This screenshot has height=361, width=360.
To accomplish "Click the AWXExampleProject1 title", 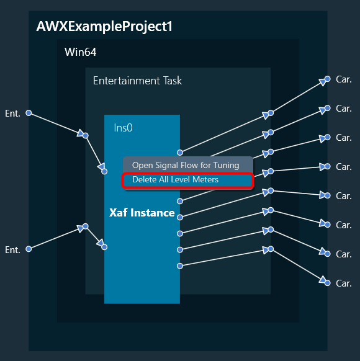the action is (x=104, y=27).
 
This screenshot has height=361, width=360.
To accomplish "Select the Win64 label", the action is (x=81, y=52).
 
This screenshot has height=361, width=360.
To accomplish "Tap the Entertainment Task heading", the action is (x=137, y=81).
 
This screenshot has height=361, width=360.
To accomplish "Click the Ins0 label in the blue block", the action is (x=124, y=128).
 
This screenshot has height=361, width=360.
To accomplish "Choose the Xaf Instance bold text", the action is (x=142, y=213).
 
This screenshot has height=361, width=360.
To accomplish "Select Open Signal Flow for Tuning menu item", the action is (x=186, y=166).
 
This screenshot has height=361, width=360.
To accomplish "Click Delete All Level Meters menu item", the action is (x=175, y=180).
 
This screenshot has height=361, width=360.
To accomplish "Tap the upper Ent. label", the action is (x=12, y=114).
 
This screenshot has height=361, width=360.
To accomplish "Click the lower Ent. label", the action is (x=12, y=250).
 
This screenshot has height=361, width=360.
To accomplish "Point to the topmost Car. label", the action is (x=344, y=79).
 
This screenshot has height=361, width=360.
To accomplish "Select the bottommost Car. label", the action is (x=344, y=283).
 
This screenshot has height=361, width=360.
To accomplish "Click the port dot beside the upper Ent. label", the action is (x=29, y=113).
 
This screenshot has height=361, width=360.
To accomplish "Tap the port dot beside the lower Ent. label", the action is (x=29, y=249).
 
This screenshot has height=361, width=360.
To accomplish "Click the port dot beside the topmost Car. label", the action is (x=328, y=79).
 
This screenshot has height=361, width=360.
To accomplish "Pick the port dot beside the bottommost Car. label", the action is (x=328, y=283).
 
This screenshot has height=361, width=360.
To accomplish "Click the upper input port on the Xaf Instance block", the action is (x=104, y=172).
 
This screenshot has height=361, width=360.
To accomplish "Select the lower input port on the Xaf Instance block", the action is (x=104, y=247).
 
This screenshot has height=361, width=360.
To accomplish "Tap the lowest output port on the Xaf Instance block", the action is (x=180, y=266).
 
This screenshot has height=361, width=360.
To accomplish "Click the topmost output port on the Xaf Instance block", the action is (x=180, y=153).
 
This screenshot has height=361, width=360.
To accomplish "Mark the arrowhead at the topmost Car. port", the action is (x=323, y=82).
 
